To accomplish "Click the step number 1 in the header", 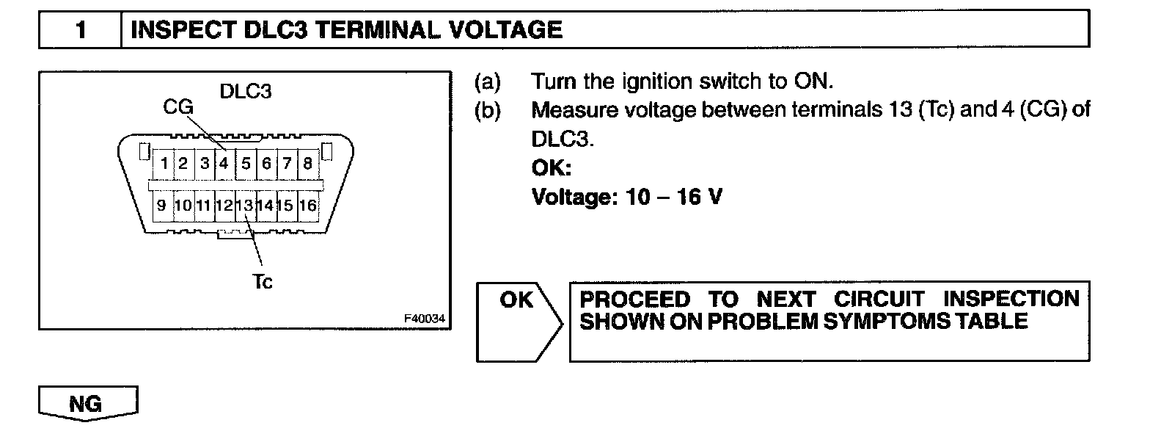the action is pyautogui.click(x=81, y=30).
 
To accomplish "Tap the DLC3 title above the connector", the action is pyautogui.click(x=246, y=93).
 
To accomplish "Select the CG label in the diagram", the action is pyautogui.click(x=178, y=108).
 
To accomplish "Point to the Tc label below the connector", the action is pyautogui.click(x=262, y=282).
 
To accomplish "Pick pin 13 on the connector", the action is pyautogui.click(x=246, y=206).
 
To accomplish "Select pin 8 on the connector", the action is pyautogui.click(x=307, y=162).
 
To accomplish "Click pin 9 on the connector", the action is pyautogui.click(x=161, y=206).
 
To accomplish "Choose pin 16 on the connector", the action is pyautogui.click(x=308, y=206).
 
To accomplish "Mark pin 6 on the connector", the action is pyautogui.click(x=267, y=162).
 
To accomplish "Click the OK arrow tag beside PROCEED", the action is pyautogui.click(x=518, y=301).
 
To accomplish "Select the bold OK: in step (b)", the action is pyautogui.click(x=551, y=169).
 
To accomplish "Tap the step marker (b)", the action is pyautogui.click(x=488, y=110).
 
